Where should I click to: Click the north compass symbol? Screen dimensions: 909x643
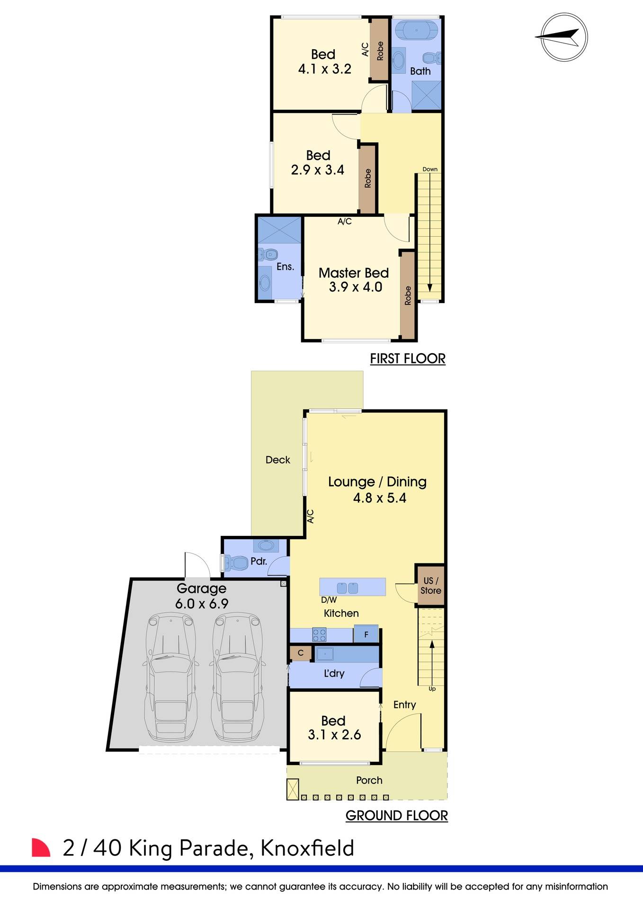564,37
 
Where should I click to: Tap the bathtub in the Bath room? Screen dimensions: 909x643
417,30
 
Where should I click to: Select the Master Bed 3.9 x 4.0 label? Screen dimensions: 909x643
354,280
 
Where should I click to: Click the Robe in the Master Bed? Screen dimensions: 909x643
408,295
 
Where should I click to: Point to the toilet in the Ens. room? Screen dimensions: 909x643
268,255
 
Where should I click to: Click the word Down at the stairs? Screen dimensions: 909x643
430,169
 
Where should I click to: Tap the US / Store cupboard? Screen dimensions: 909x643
430,586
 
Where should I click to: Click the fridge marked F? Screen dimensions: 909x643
366,634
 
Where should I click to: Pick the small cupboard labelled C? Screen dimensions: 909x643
300,653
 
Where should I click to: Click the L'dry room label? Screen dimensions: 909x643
334,673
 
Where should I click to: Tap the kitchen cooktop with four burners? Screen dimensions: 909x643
319,634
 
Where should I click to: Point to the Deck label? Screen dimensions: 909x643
278,460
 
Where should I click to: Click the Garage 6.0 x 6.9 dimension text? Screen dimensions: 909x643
202,604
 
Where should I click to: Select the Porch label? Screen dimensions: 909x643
369,780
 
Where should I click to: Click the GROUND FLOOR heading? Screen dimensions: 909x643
396,815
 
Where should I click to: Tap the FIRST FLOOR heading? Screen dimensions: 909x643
407,358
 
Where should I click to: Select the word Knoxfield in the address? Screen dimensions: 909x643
307,848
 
